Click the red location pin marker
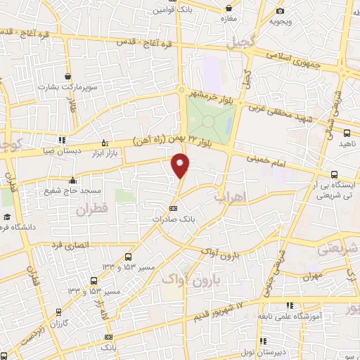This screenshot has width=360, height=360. tap(181, 165)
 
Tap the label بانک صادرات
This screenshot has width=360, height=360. tap(174, 219)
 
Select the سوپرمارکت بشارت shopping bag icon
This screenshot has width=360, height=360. tap(67, 77)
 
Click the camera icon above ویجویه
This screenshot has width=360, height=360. tap(281, 11)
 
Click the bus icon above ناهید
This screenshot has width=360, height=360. tap(347, 132)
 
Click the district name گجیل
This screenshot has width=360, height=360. tap(240, 41)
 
